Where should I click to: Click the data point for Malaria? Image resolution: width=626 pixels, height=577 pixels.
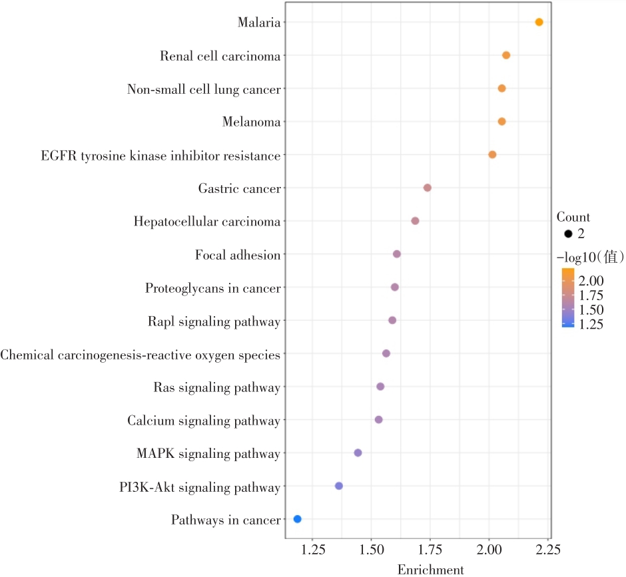coord(539,23)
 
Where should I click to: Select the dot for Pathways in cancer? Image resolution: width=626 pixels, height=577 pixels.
coord(297,519)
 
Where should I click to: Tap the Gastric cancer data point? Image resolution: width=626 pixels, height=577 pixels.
coord(427,188)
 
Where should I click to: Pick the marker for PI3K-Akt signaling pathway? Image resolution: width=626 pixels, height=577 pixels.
coord(338,486)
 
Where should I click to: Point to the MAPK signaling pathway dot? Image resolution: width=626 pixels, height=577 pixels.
coord(358,453)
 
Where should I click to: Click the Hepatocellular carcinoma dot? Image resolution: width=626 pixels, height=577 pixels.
coord(415,221)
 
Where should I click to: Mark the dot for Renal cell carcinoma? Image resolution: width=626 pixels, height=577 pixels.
coord(506,55)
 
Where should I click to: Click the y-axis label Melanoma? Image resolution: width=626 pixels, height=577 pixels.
coord(251,122)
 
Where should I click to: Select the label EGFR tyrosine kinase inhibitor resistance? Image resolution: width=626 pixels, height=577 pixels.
coord(160,156)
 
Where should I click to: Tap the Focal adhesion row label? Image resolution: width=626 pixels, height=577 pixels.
coord(237,255)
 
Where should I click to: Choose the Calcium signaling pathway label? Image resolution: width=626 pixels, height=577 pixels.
coord(203,421)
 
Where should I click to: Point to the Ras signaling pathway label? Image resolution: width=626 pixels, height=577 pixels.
coord(216,387)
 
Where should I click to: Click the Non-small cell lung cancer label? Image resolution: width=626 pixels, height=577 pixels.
coord(203,89)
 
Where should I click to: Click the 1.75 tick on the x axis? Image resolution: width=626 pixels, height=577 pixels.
coord(430,550)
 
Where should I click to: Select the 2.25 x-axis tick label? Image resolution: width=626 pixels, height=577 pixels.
coord(547,550)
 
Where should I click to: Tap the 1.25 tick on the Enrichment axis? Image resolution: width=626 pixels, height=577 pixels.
coord(312,550)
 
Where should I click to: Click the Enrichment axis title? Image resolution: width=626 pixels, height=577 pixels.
coord(430,570)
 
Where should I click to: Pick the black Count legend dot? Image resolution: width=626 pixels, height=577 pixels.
coord(568,234)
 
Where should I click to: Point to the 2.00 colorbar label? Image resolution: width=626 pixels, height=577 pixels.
coord(591,280)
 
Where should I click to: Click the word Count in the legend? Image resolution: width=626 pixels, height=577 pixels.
coord(573,217)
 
